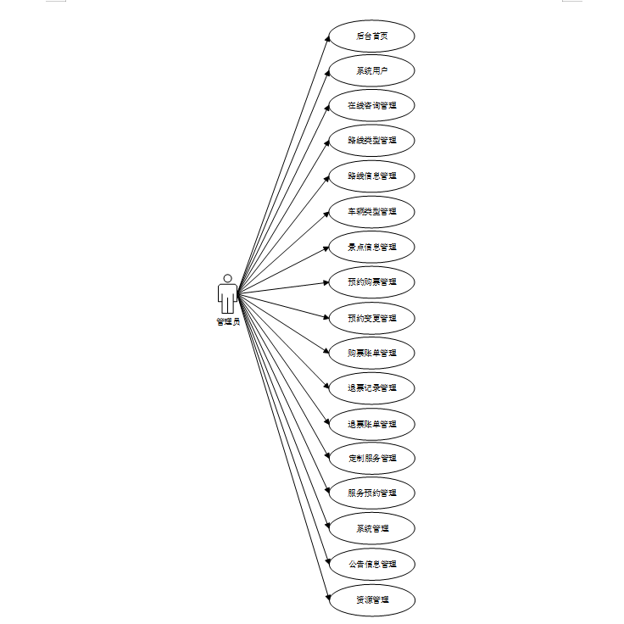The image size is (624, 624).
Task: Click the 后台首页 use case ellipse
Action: (371, 36)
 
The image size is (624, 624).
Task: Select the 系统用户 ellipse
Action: (371, 71)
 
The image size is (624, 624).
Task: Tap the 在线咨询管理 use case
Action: (371, 107)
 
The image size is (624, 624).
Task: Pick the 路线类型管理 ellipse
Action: (371, 141)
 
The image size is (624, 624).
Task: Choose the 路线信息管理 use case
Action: (371, 176)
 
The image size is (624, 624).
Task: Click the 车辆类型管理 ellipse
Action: (371, 211)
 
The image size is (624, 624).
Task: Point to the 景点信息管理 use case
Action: (371, 248)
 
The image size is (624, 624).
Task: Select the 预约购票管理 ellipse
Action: (371, 281)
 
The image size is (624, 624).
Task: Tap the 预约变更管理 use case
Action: (371, 318)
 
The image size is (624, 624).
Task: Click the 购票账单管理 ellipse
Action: (371, 353)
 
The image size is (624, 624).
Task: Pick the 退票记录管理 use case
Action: (371, 388)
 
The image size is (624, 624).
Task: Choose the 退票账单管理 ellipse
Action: (371, 424)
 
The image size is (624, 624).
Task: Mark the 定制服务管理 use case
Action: (371, 459)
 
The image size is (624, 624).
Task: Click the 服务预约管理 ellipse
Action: (371, 493)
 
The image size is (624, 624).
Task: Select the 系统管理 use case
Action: (371, 529)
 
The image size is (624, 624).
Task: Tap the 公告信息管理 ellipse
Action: (371, 564)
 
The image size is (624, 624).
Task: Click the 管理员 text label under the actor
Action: (227, 322)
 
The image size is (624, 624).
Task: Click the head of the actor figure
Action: (227, 278)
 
